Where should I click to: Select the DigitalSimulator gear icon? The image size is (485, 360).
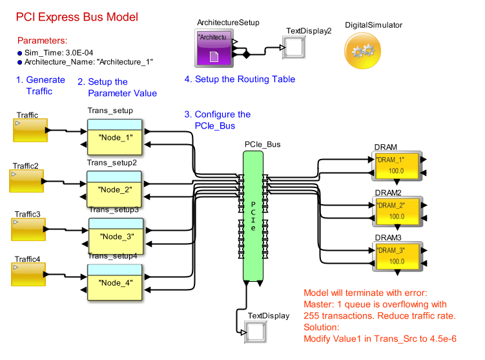point(364,51)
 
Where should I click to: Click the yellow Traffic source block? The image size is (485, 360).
point(30,131)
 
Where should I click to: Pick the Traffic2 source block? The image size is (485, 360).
point(26,181)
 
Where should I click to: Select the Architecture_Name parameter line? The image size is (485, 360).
point(88,63)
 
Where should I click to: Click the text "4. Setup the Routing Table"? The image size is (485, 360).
point(240,79)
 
